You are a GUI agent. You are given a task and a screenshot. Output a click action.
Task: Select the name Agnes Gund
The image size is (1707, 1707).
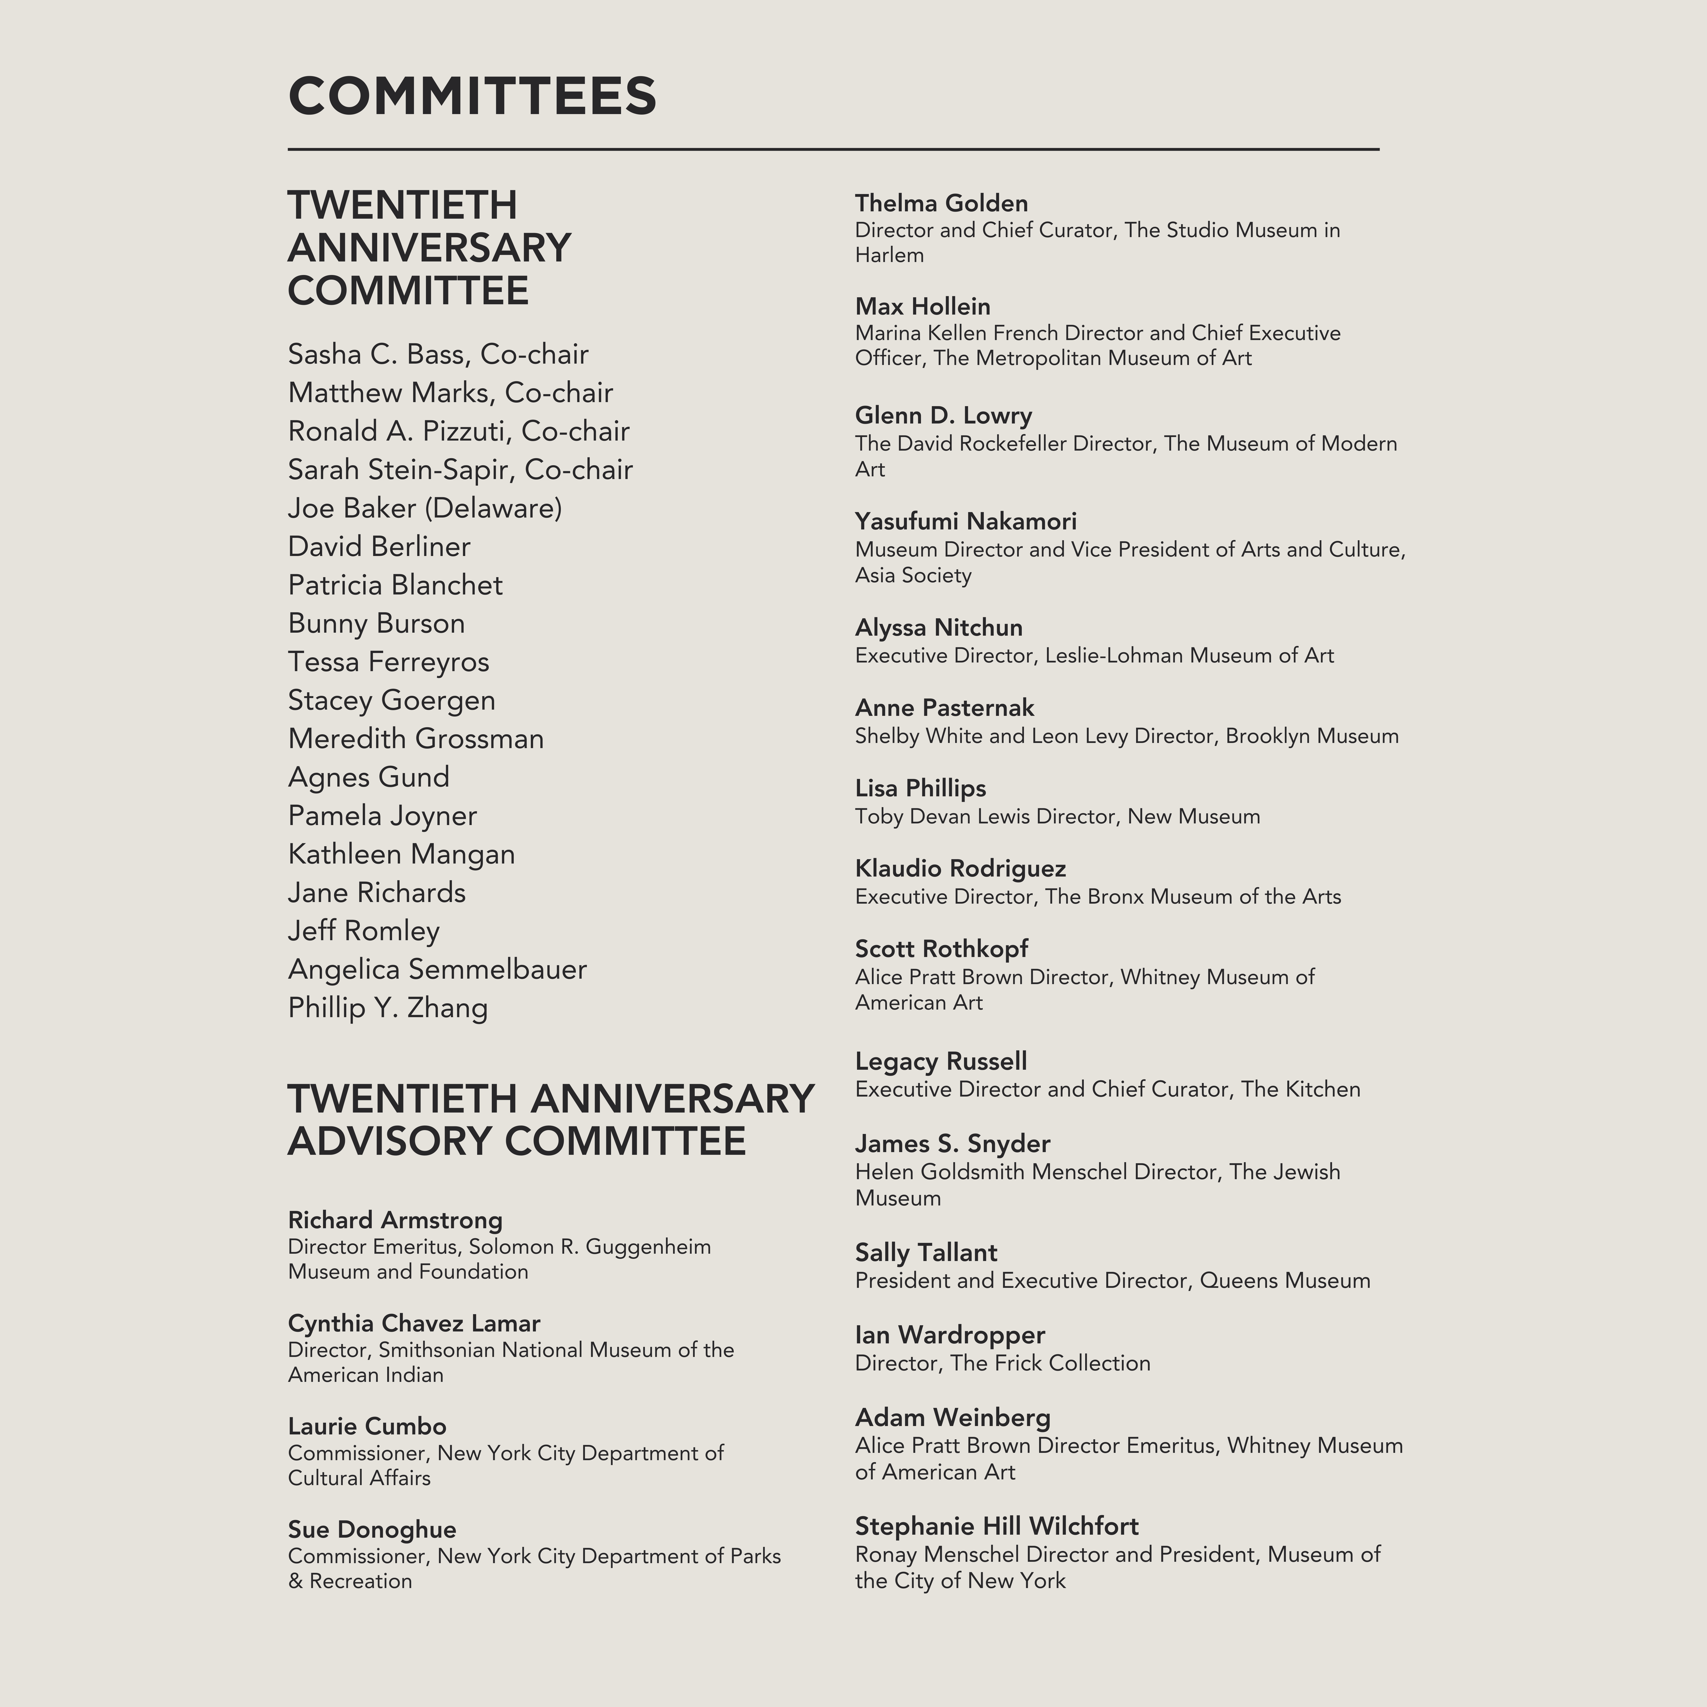point(368,778)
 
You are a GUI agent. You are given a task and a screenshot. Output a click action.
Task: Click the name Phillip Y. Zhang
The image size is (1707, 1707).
point(388,1008)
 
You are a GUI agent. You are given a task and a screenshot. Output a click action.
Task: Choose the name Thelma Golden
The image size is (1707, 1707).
point(941,203)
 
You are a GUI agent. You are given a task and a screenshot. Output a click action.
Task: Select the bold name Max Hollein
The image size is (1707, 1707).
point(922,307)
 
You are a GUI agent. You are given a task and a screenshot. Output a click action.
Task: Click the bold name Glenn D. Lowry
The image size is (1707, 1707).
point(943,415)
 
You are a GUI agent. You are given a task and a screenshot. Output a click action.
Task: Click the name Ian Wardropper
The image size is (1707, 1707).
point(950,1335)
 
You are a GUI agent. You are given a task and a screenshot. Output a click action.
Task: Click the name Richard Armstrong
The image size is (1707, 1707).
point(395,1220)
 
